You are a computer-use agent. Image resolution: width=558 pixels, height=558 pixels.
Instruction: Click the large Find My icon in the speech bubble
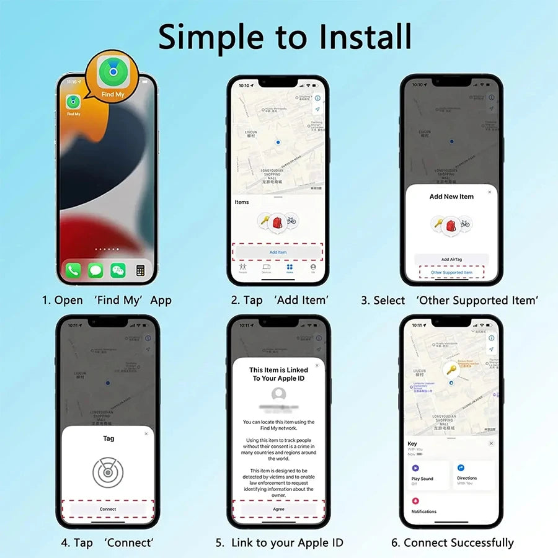pos(113,74)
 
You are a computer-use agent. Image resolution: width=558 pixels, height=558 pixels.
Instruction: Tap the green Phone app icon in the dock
pos(74,270)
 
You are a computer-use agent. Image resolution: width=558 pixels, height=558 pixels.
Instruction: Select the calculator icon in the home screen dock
pos(140,270)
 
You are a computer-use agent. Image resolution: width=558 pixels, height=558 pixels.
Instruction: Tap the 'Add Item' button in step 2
pos(278,252)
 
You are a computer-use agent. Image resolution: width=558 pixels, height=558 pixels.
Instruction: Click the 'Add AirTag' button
pos(451,259)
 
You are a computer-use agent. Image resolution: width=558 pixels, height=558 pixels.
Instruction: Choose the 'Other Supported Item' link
pos(451,272)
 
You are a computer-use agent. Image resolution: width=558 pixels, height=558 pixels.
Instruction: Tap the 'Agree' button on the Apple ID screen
pos(278,509)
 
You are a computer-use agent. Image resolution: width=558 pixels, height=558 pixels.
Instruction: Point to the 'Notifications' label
pos(424,511)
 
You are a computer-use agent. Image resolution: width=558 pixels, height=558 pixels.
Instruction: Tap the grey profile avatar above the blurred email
pos(278,394)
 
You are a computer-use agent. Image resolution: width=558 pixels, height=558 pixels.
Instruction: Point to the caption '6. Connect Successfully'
pos(452,542)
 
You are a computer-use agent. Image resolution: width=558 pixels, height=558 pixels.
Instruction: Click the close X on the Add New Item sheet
pos(490,192)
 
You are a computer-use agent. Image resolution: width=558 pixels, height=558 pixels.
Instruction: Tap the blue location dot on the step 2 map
pos(278,143)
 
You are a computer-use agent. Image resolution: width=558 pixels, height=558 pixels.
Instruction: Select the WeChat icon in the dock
pos(118,270)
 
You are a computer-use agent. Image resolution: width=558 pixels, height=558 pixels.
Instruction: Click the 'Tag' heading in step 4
pos(108,438)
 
